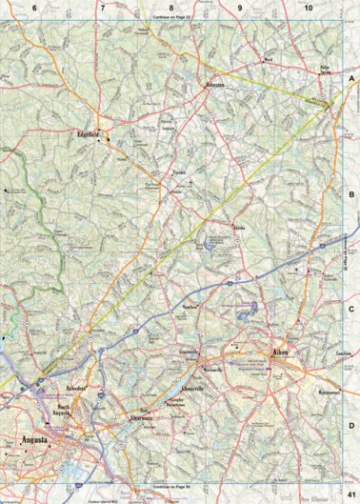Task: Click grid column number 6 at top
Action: (x=34, y=8)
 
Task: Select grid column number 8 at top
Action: (x=171, y=8)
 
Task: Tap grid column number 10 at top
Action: (x=309, y=8)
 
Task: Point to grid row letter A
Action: (x=351, y=81)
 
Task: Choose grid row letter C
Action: (x=351, y=309)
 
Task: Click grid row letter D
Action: (x=351, y=426)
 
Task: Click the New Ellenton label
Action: (x=318, y=497)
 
